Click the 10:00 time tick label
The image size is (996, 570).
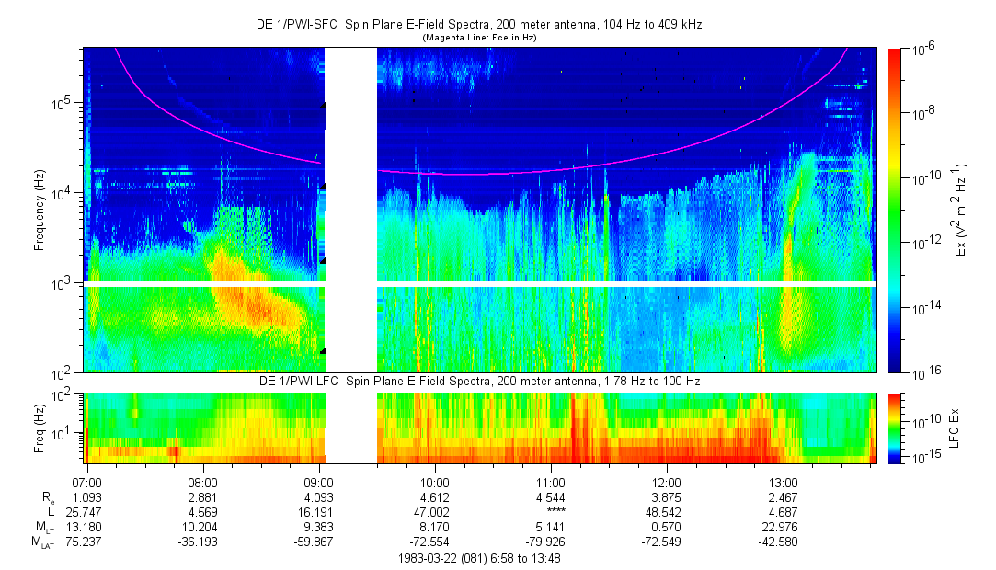click(434, 483)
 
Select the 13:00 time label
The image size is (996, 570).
click(783, 483)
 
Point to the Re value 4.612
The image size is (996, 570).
click(434, 497)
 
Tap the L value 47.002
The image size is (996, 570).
click(434, 512)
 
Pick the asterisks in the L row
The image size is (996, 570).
click(555, 511)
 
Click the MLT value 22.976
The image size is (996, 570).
click(780, 527)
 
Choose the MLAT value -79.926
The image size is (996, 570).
click(545, 541)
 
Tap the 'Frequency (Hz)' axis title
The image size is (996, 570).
click(40, 211)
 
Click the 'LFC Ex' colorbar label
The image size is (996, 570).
click(954, 428)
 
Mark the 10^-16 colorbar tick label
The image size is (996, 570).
click(925, 374)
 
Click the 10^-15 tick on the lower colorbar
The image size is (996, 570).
click(925, 456)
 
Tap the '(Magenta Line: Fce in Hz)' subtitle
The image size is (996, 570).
click(479, 38)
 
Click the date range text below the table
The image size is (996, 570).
click(479, 559)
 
